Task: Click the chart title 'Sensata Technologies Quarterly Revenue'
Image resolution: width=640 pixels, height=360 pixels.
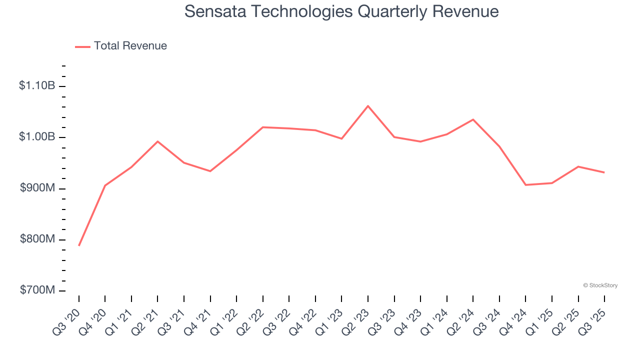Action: (341, 11)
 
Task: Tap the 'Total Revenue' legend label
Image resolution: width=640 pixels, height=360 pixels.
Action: (130, 46)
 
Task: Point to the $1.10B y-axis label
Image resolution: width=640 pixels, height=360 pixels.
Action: (37, 86)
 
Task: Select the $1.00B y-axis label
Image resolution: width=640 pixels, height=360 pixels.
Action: (37, 137)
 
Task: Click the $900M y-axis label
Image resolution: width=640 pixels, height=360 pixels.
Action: (37, 188)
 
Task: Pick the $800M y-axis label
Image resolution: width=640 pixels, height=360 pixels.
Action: (37, 239)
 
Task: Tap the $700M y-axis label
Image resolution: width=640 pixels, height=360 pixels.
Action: (37, 290)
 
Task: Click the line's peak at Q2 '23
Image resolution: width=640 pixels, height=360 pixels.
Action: (368, 106)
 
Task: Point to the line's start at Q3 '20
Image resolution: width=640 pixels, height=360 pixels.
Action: (79, 245)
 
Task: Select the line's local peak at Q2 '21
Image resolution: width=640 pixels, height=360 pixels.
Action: (157, 141)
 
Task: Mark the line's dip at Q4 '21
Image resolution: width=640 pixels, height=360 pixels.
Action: (210, 171)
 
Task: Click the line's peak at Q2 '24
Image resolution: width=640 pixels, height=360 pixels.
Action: (473, 119)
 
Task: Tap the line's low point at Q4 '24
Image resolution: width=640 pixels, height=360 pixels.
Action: (525, 185)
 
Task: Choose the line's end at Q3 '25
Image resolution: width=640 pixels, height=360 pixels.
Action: (604, 172)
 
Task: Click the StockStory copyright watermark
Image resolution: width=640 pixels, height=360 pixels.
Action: (600, 285)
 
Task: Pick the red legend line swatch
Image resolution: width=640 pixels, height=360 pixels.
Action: (82, 46)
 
